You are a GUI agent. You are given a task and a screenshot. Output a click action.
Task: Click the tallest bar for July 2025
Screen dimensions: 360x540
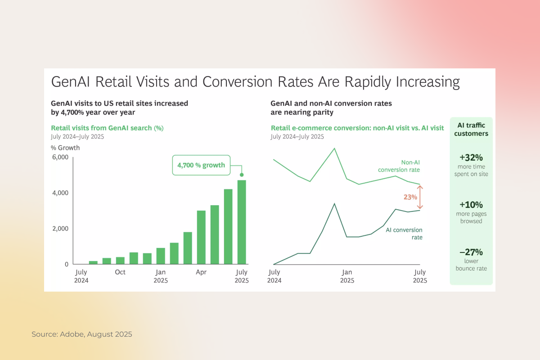point(242,222)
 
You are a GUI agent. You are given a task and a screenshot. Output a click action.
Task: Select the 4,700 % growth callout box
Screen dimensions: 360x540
point(201,165)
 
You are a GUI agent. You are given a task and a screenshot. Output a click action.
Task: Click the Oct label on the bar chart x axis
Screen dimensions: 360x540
point(120,272)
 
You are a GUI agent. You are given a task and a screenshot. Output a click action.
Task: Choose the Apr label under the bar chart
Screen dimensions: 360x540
point(201,272)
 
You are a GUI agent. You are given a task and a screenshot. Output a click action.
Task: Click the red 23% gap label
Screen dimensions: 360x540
point(410,197)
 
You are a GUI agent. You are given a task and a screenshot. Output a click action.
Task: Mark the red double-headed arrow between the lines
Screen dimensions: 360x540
point(420,197)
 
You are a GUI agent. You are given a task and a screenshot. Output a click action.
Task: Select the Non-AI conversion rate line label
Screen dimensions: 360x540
point(399,166)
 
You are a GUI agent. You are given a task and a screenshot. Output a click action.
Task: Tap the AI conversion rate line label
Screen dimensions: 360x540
point(404,233)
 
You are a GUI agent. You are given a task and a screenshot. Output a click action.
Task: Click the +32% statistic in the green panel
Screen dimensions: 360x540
point(471,158)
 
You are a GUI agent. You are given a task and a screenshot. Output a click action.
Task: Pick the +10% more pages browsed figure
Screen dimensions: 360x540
point(471,205)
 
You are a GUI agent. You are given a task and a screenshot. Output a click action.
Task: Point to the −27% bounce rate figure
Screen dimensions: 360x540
point(471,252)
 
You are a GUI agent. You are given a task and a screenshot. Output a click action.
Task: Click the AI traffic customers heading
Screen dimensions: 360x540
point(471,130)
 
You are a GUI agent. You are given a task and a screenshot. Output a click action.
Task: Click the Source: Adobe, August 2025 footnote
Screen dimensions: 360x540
point(82,334)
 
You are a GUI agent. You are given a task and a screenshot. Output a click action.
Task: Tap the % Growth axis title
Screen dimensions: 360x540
point(65,148)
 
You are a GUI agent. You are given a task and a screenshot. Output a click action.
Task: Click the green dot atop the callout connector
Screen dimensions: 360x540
point(242,175)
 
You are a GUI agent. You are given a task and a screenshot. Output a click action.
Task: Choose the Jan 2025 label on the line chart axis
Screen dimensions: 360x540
point(347,276)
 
